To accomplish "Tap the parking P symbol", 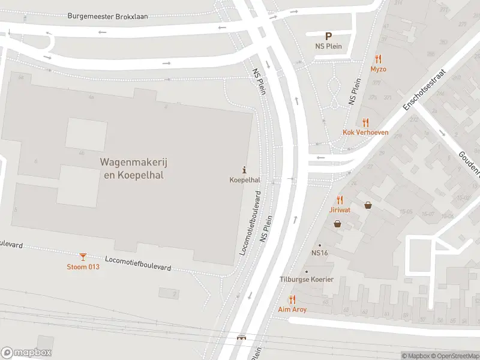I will pyautogui.click(x=328, y=37).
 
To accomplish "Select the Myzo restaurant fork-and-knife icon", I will pyautogui.click(x=378, y=59).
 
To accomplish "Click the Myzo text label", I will pyautogui.click(x=378, y=69).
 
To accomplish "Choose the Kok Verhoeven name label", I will pyautogui.click(x=365, y=133).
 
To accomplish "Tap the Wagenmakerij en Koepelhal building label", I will pyautogui.click(x=131, y=168).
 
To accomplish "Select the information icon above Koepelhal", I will pyautogui.click(x=244, y=170).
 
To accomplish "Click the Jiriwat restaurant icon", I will pyautogui.click(x=340, y=200).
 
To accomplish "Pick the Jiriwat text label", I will pyautogui.click(x=340, y=210).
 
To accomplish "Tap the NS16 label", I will pyautogui.click(x=319, y=253).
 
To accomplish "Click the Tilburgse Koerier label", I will pyautogui.click(x=306, y=280).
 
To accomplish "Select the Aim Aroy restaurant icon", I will pyautogui.click(x=292, y=299).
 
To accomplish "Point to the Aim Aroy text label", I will pyautogui.click(x=292, y=310).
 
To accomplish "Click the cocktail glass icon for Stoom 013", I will pyautogui.click(x=83, y=257).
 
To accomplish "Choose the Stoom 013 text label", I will pyautogui.click(x=83, y=267).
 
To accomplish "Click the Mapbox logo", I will pyautogui.click(x=26, y=353).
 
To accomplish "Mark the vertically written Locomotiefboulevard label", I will pyautogui.click(x=251, y=223).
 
